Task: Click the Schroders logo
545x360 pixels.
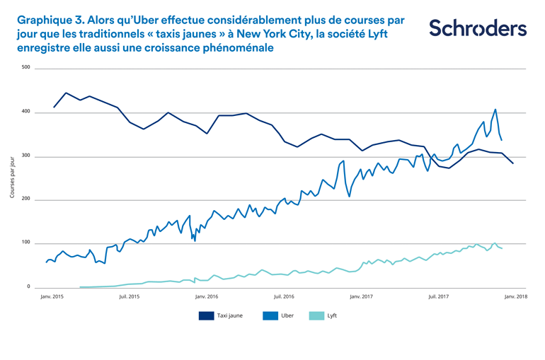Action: click(x=477, y=28)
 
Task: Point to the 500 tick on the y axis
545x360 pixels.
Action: click(x=26, y=68)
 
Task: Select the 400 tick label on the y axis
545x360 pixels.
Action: click(x=26, y=112)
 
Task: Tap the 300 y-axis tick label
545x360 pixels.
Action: click(x=26, y=156)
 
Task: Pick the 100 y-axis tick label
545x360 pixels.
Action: click(x=26, y=243)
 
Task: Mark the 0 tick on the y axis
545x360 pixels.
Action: click(x=29, y=287)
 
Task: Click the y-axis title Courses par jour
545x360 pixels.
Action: click(x=12, y=178)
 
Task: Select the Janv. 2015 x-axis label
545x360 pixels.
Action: click(x=52, y=297)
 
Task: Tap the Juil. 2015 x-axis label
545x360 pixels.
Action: click(x=129, y=297)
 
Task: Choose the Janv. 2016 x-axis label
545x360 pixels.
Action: click(x=206, y=297)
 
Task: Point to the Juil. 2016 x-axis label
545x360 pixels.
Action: click(x=283, y=297)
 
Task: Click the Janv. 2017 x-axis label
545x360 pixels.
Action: click(x=361, y=297)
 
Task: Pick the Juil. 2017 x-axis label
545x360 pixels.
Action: click(x=438, y=297)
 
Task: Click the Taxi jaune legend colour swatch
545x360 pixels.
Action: click(x=206, y=315)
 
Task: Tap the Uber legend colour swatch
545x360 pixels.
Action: click(x=269, y=315)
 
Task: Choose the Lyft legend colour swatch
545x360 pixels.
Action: click(x=317, y=315)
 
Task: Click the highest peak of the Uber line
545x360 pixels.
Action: click(x=495, y=110)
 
